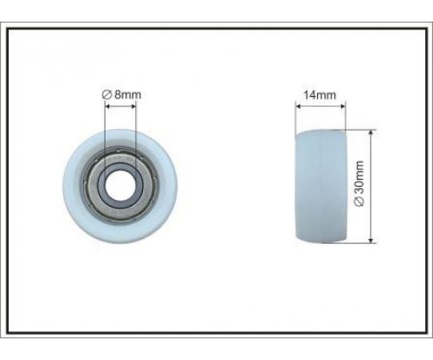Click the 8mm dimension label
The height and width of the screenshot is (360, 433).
[121, 94]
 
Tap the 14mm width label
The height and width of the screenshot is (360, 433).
[320, 95]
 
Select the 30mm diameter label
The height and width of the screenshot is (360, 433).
[359, 183]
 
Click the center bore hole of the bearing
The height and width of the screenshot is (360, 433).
[120, 185]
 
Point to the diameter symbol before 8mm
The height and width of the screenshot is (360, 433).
[107, 94]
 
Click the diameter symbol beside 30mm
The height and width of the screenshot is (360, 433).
[359, 202]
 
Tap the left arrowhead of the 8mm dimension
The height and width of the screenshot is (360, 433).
[107, 106]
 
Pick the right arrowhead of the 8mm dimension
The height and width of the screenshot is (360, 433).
[132, 106]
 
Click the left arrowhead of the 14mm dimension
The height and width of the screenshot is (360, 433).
[298, 106]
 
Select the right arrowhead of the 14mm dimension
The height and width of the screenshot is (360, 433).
[343, 106]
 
